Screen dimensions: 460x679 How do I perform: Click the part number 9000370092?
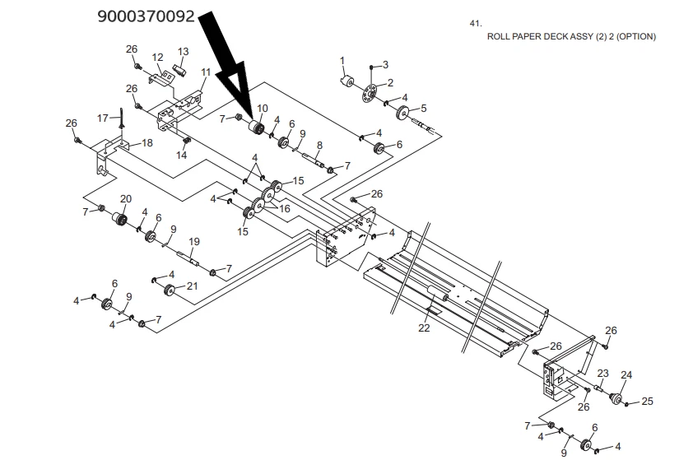(146, 16)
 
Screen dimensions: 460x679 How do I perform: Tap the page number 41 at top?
(475, 23)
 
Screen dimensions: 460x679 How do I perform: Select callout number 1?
(342, 60)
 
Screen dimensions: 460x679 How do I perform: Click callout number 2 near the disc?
(390, 82)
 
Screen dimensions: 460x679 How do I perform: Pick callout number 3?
(385, 64)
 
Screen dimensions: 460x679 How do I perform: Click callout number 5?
(424, 108)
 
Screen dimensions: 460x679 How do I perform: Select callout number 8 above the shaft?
(319, 145)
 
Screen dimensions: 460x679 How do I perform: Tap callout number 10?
(263, 109)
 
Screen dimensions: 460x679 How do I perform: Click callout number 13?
(184, 52)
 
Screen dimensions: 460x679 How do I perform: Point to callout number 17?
(103, 118)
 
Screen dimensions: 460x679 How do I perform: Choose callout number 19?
(194, 242)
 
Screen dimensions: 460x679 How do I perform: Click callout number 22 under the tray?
(424, 328)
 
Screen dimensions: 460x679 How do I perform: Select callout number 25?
(647, 402)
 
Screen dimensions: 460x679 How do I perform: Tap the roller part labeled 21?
(170, 290)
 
